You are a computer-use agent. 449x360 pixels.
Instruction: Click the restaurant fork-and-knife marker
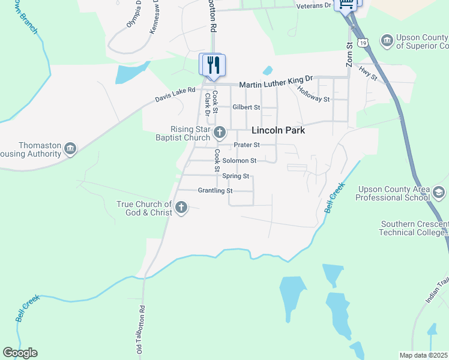point(213,64)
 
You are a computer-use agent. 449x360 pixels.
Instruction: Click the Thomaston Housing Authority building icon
point(70,148)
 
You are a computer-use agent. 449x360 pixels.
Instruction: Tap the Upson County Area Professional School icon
point(438,192)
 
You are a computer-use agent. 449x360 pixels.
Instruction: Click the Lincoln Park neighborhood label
point(278,130)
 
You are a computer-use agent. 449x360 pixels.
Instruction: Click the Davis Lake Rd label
point(175,94)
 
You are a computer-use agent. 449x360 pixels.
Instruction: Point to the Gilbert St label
point(246,107)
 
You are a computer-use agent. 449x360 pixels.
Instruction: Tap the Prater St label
point(246,145)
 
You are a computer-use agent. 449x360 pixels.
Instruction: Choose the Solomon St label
point(239,161)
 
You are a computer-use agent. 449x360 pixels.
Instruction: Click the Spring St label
point(235,176)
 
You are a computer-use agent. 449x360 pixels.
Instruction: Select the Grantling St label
point(215,191)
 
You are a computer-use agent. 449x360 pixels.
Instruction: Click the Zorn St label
point(349,54)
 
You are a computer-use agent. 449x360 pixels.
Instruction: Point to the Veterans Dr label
point(314,5)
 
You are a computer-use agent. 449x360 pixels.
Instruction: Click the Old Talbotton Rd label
point(142,329)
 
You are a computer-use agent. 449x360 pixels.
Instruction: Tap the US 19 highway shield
point(362,42)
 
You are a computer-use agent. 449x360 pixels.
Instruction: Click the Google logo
point(20,353)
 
